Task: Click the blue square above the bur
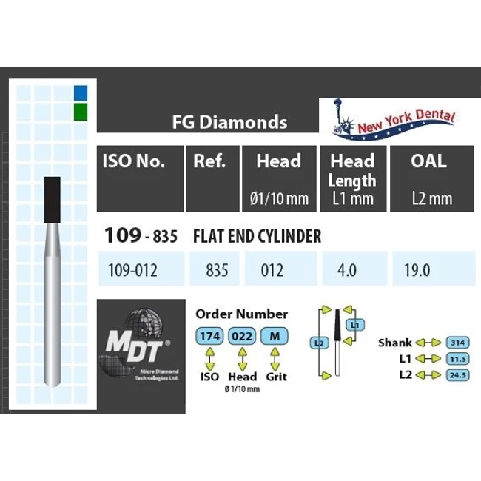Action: click(81, 92)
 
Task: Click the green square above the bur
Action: click(81, 112)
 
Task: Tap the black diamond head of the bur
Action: click(52, 200)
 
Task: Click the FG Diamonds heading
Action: click(229, 122)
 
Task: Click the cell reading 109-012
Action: click(132, 270)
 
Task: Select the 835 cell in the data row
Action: click(217, 270)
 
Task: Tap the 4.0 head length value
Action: click(347, 270)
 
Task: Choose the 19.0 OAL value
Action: click(417, 270)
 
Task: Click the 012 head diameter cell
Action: click(272, 270)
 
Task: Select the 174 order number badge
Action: click(210, 336)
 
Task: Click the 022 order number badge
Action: click(242, 336)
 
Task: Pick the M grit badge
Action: click(275, 336)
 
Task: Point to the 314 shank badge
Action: click(457, 343)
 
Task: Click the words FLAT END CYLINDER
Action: click(257, 236)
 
